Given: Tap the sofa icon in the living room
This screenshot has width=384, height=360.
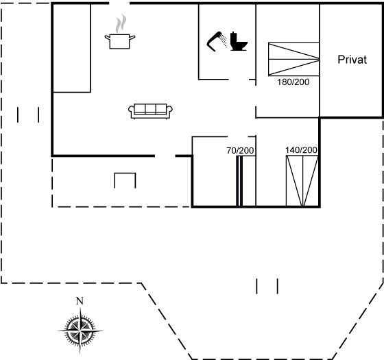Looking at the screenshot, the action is click(150, 111).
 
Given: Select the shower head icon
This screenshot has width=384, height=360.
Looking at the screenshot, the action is click(215, 41).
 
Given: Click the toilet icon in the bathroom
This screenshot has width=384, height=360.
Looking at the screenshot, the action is click(239, 41).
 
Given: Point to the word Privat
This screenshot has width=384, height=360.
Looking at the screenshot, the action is click(352, 60).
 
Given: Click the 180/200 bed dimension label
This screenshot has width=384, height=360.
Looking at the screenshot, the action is click(293, 82).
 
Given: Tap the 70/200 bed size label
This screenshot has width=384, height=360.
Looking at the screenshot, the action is click(240, 151).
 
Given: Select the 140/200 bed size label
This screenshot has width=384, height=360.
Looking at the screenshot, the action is click(301, 150).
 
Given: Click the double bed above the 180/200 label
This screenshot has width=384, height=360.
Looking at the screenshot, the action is click(293, 59).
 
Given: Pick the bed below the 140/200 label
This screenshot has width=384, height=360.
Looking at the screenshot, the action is click(302, 181).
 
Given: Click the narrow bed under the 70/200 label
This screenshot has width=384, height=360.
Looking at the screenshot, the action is click(246, 181).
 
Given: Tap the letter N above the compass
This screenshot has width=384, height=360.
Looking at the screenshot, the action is click(80, 301).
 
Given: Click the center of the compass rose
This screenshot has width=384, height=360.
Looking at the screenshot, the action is click(80, 331).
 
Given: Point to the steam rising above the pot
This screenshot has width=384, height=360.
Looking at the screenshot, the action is click(121, 24).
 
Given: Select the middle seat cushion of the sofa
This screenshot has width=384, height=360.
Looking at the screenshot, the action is click(150, 108).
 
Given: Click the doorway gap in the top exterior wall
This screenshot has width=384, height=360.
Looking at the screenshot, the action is click(119, 3).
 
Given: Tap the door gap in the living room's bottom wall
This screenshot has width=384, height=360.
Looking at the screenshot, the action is click(165, 156).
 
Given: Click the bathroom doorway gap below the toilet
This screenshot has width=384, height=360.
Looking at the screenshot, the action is click(239, 80).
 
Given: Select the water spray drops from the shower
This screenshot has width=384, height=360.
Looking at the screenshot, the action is click(224, 40).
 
